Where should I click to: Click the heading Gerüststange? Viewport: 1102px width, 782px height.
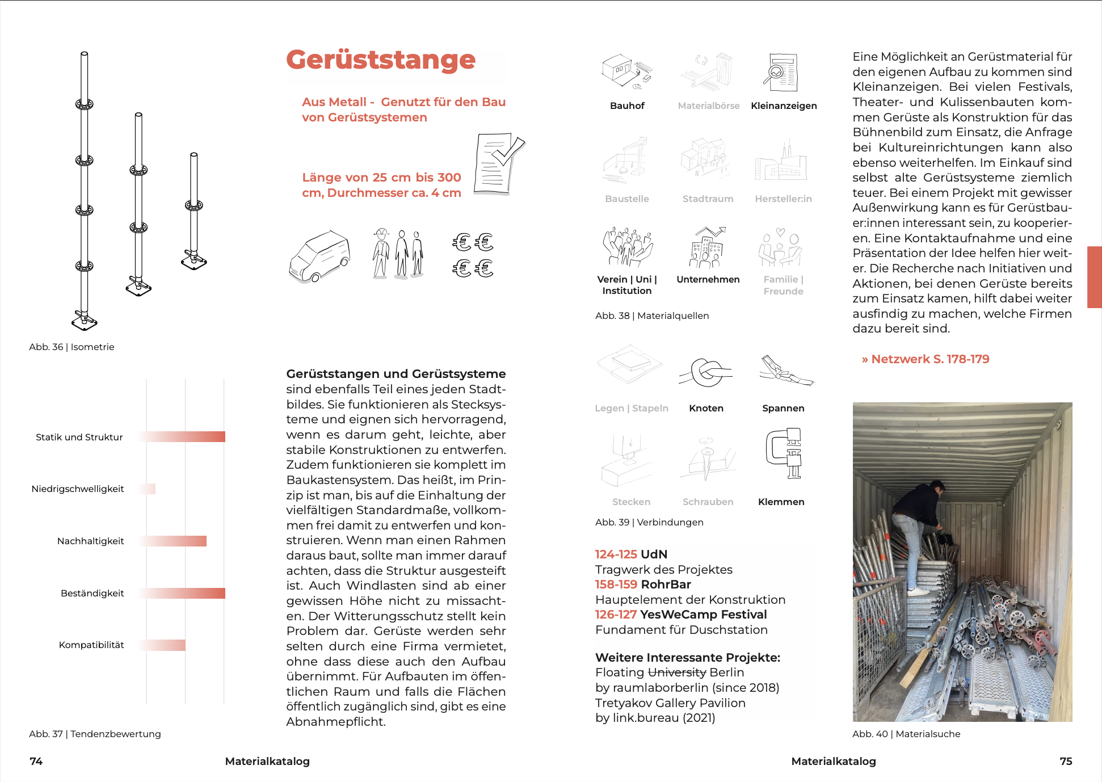[x=381, y=60]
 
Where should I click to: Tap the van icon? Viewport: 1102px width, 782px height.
[x=319, y=256]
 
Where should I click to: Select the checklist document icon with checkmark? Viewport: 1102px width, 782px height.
[x=499, y=164]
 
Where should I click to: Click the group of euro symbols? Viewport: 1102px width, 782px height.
[x=473, y=255]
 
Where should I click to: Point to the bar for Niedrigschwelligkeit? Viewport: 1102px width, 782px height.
[x=148, y=489]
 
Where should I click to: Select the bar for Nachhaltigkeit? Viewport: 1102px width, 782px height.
[x=174, y=541]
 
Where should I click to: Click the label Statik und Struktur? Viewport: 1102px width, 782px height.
[x=79, y=437]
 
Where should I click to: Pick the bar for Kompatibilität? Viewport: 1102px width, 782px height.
[x=163, y=645]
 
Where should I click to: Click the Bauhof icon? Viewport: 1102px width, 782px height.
[x=626, y=72]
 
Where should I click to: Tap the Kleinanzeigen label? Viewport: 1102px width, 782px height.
[x=784, y=106]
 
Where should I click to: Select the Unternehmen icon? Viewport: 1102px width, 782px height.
[x=707, y=247]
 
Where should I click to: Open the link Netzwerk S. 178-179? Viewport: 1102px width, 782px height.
[x=926, y=359]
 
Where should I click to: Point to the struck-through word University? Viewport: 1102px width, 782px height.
[x=677, y=672]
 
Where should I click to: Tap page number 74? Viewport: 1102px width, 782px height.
[x=36, y=761]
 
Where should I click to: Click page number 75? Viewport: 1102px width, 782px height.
[x=1066, y=761]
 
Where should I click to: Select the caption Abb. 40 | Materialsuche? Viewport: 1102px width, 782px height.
[x=906, y=734]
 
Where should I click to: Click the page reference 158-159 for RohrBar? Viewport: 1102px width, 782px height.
[x=616, y=585]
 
